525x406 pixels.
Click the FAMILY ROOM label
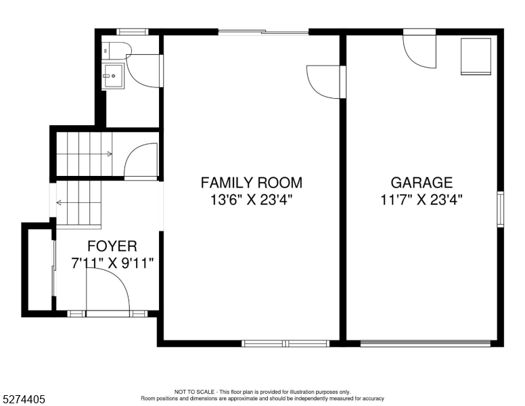(252, 183)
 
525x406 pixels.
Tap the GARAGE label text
(421, 183)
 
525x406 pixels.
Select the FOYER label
(112, 246)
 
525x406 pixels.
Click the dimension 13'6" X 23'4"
(252, 200)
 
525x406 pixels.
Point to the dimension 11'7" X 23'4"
(421, 200)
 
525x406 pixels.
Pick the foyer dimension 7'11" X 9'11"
(112, 263)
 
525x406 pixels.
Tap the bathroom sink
(113, 76)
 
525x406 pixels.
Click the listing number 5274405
(24, 399)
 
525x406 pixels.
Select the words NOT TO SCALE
(194, 392)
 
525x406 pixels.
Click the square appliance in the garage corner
(476, 56)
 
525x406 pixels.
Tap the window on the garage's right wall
(500, 209)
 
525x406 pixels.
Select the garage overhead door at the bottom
(426, 343)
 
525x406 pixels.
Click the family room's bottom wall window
(286, 343)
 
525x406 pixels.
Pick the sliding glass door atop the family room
(263, 32)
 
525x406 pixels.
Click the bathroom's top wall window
(132, 32)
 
